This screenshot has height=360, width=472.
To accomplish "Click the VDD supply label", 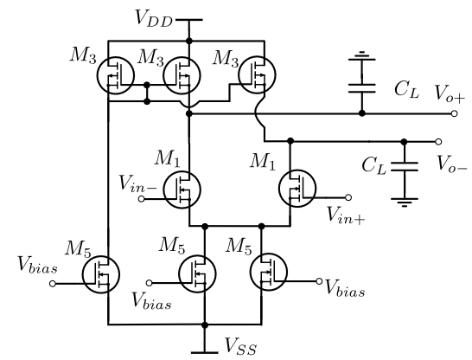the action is click(x=154, y=19).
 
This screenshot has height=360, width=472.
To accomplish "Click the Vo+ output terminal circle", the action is click(x=454, y=113).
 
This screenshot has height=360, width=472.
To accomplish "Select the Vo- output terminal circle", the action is click(x=438, y=142).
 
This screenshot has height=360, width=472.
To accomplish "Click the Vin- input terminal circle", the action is click(x=141, y=199).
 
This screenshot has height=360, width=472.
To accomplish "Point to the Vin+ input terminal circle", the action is click(x=348, y=197).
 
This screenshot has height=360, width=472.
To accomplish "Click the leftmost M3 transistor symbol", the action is click(x=116, y=75).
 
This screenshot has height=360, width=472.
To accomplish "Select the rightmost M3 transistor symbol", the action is click(x=257, y=74).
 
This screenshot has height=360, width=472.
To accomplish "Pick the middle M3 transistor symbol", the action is click(x=182, y=75).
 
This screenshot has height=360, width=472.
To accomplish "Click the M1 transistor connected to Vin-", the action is click(x=182, y=190).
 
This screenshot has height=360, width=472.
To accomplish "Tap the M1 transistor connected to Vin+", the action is click(x=297, y=189).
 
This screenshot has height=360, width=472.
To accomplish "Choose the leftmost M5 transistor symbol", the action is click(x=101, y=274).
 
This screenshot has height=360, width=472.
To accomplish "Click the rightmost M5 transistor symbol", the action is click(x=268, y=272).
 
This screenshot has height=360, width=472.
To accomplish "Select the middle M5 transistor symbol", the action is click(x=197, y=273).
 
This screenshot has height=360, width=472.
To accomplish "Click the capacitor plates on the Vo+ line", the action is click(x=362, y=88).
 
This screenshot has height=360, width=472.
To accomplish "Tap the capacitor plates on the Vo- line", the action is click(x=405, y=167).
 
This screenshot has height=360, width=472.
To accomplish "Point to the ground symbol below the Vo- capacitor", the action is click(x=405, y=202).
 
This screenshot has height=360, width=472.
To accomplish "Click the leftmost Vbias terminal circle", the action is click(x=53, y=284).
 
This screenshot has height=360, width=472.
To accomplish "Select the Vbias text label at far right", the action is click(x=346, y=289).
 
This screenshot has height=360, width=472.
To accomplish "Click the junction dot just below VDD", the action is click(x=189, y=41).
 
